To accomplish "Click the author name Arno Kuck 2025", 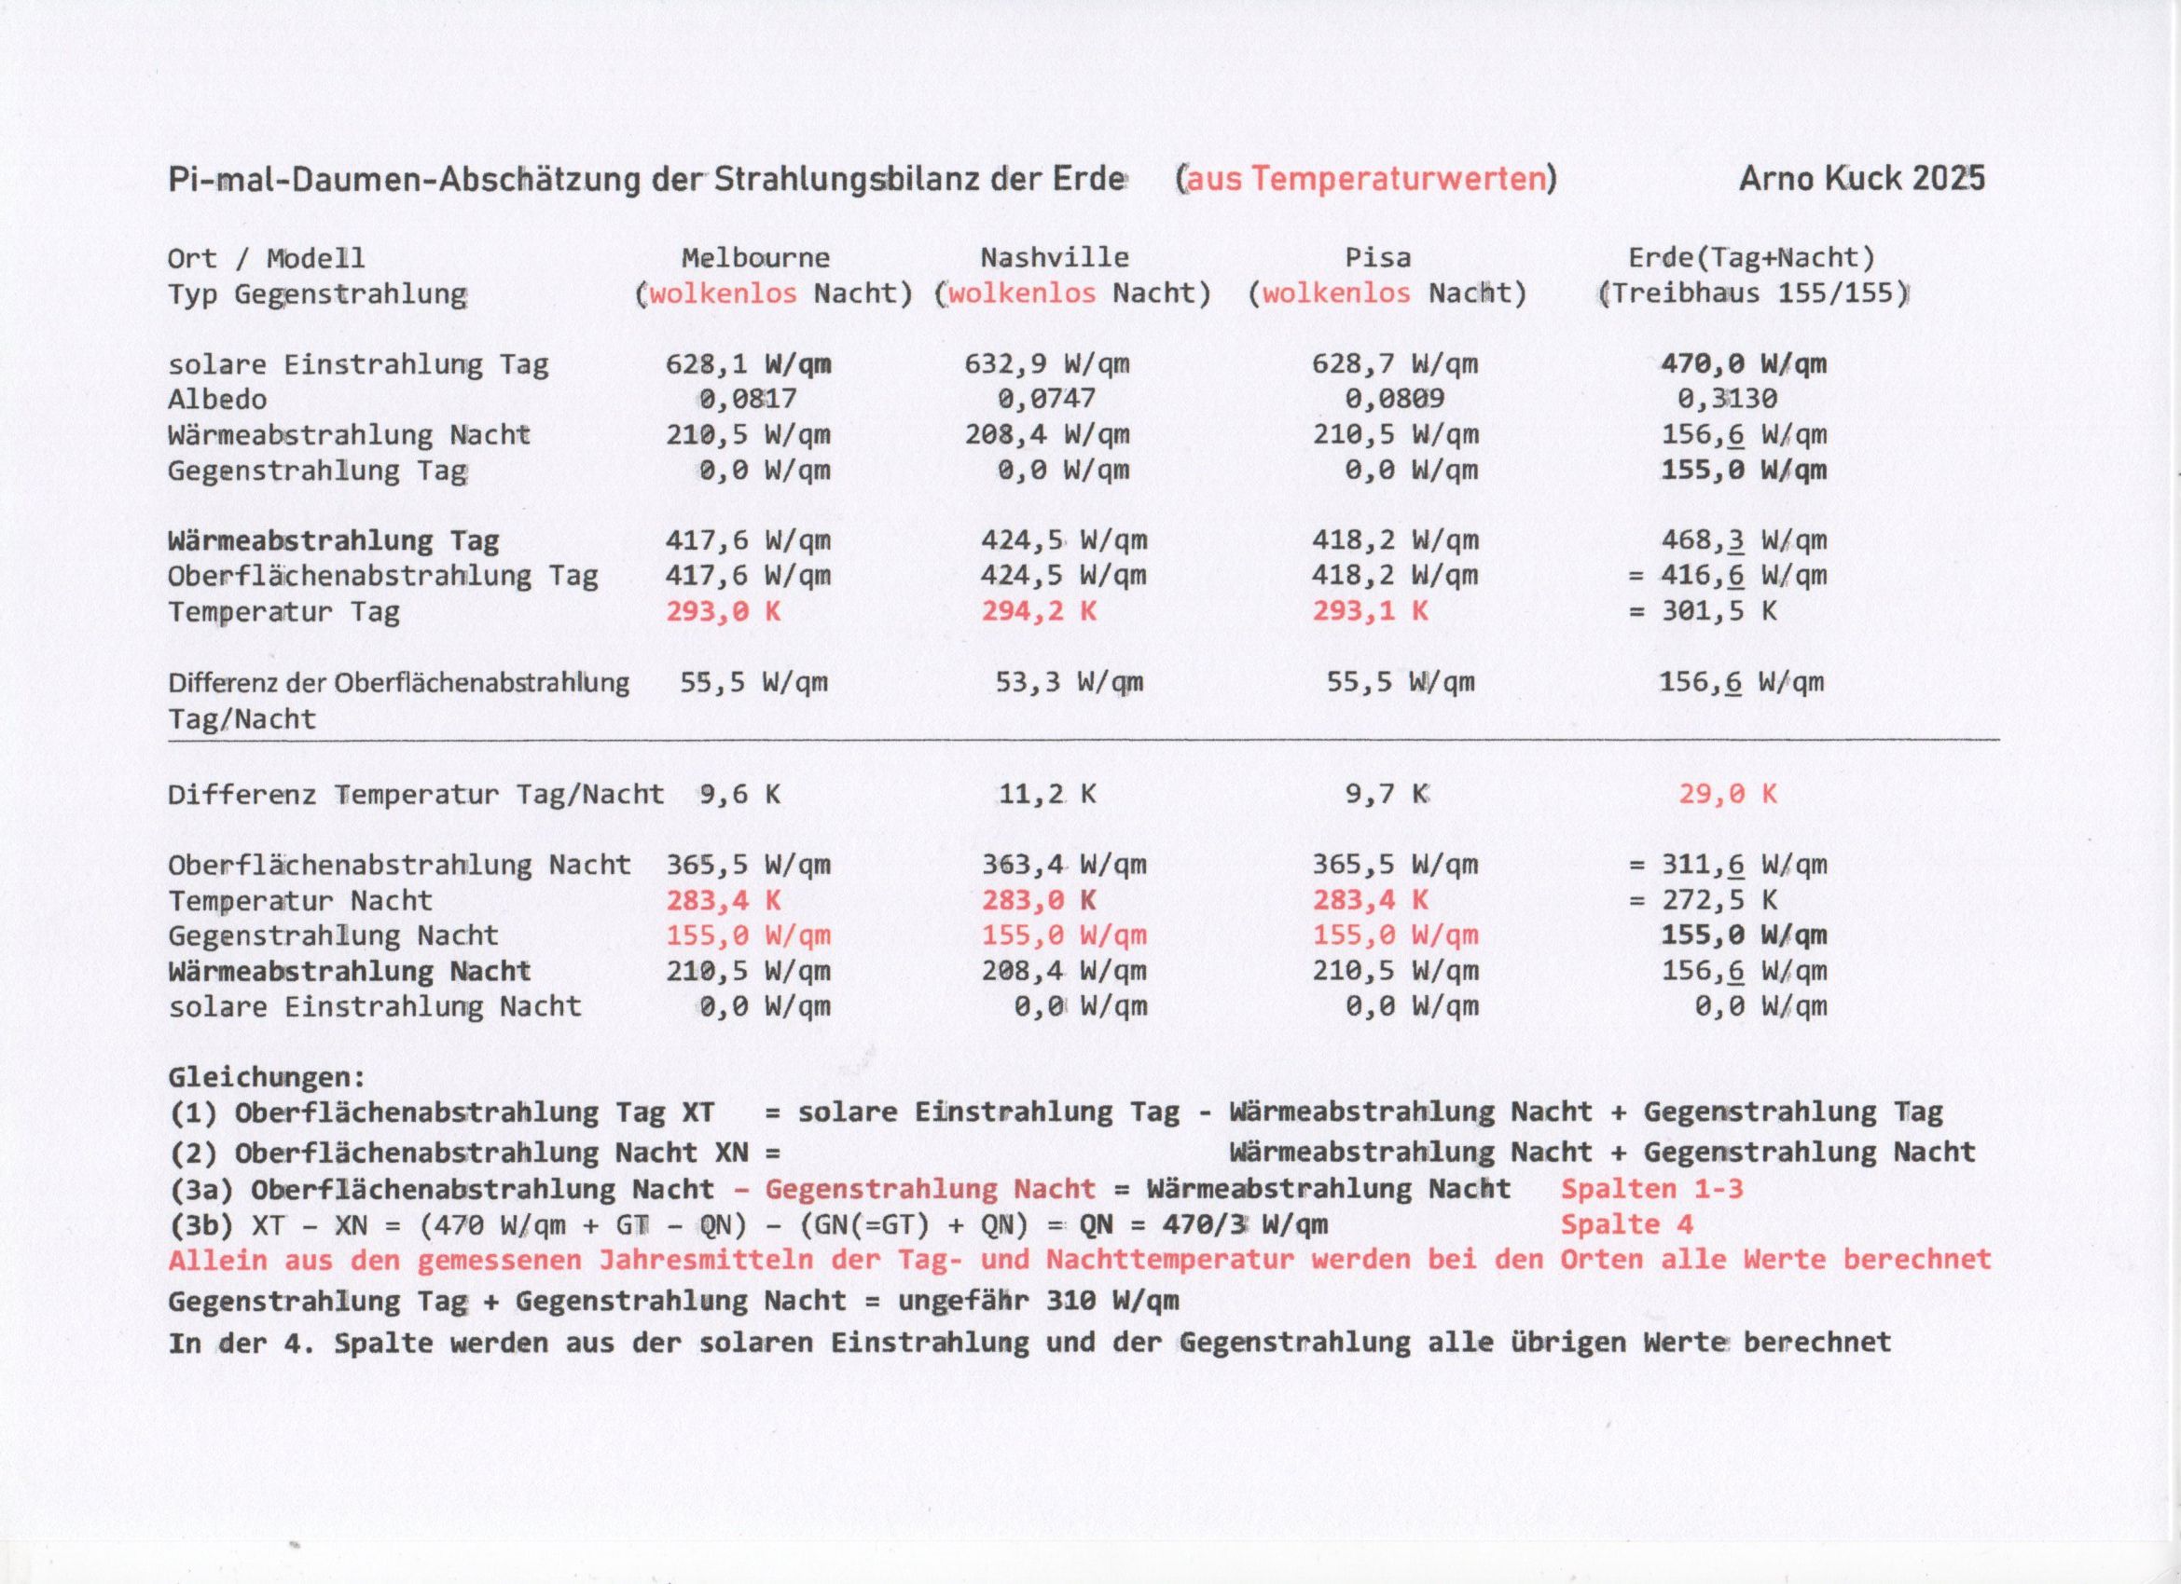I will [1861, 179].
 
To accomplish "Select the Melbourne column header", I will [755, 257].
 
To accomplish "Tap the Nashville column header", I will [1054, 257].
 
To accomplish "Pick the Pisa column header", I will [1377, 257].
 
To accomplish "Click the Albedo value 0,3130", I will [1726, 399].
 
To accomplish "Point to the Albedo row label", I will [217, 399].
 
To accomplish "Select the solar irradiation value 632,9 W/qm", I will [1046, 364].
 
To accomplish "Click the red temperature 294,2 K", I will [1038, 611].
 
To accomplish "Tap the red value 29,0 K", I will [1727, 794].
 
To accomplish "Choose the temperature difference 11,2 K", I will [1046, 794].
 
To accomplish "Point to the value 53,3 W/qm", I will [1069, 682].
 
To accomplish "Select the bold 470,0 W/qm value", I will [1743, 364].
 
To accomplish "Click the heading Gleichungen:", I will [267, 1076].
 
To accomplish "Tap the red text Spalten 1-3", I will [1651, 1189].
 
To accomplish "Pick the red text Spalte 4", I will [1626, 1224].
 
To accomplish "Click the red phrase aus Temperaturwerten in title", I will [1365, 179].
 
